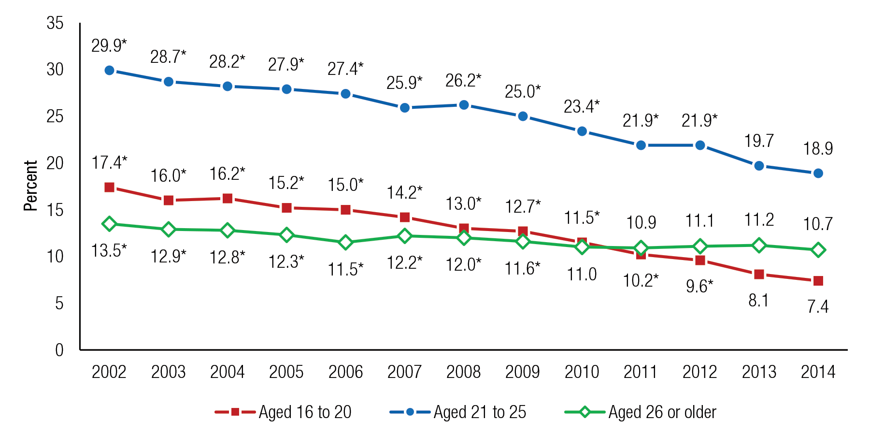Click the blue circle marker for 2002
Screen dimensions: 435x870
[109, 71]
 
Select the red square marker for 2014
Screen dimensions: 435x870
[818, 281]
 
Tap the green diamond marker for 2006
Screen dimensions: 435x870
[345, 242]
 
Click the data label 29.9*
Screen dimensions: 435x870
[109, 46]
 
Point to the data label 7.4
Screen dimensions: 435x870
[818, 306]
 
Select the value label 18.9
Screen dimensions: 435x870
[818, 148]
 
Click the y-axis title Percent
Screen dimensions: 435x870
[30, 186]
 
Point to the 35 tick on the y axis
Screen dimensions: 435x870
[55, 23]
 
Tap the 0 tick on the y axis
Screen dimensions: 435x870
[59, 349]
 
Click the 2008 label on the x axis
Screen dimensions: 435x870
[463, 372]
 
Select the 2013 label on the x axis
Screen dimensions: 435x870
[759, 372]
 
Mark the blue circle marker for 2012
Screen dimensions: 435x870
[700, 145]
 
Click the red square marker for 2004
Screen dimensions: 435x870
[228, 199]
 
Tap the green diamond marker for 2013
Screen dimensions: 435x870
[759, 246]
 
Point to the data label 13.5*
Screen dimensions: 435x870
[109, 251]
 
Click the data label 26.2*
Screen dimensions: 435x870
[463, 81]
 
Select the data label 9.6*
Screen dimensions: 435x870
[699, 286]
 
